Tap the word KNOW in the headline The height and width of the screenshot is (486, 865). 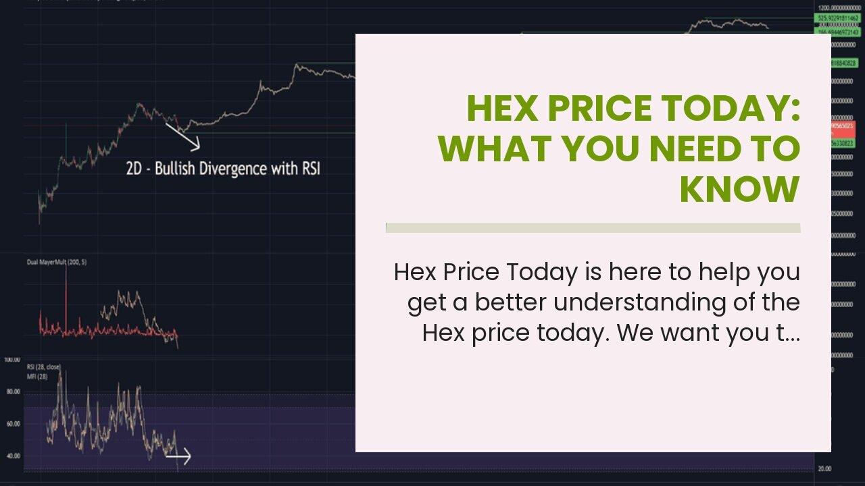[x=740, y=190]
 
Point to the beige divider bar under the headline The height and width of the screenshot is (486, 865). [x=593, y=227]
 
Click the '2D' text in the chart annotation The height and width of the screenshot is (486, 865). [x=134, y=168]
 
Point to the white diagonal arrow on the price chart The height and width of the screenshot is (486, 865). [x=182, y=136]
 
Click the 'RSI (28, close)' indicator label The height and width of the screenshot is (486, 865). [x=44, y=367]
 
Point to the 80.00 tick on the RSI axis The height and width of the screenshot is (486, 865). [x=13, y=391]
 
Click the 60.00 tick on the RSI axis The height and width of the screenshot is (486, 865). [x=13, y=424]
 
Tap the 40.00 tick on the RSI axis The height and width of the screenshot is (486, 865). [x=13, y=456]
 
